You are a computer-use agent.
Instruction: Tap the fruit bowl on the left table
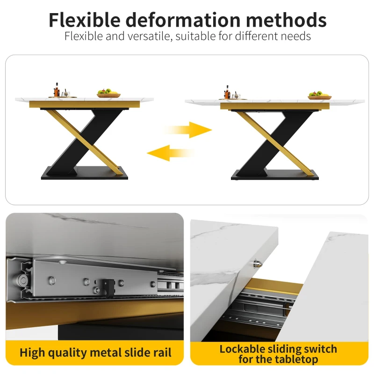(109, 93)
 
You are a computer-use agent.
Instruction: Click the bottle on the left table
(57, 90)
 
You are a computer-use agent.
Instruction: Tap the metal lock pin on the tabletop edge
(257, 263)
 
